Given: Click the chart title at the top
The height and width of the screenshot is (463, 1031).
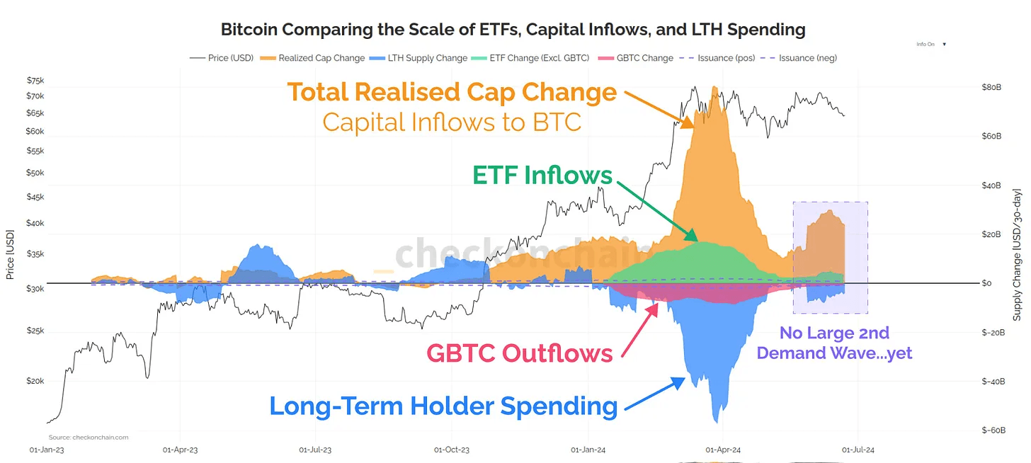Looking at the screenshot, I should coord(513,30).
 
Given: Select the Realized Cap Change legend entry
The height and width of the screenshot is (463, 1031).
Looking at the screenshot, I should coord(321,58).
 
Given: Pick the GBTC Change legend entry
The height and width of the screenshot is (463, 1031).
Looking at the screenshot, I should coord(643,58).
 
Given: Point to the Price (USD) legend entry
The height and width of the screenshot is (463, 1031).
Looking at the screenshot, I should coord(229,58).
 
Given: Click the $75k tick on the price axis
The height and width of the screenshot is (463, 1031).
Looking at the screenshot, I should coord(35,80).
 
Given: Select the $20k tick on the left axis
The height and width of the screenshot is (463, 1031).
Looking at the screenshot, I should coord(35,381).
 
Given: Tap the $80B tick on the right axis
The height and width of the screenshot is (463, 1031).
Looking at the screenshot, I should coord(991,88).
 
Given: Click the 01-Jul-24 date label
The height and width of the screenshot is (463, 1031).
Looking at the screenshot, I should coord(858,449).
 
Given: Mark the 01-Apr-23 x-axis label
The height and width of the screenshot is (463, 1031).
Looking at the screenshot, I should coord(181,449).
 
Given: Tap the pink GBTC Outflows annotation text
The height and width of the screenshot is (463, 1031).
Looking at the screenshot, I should coord(519,353).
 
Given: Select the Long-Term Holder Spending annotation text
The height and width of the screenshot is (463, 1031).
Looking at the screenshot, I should coord(443,406).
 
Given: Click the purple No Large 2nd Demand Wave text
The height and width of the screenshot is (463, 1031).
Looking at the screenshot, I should coord(834,343).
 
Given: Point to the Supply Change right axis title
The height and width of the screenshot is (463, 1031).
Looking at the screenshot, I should coord(1017,255).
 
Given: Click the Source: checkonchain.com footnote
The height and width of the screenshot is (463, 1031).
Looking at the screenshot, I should coord(89,438).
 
